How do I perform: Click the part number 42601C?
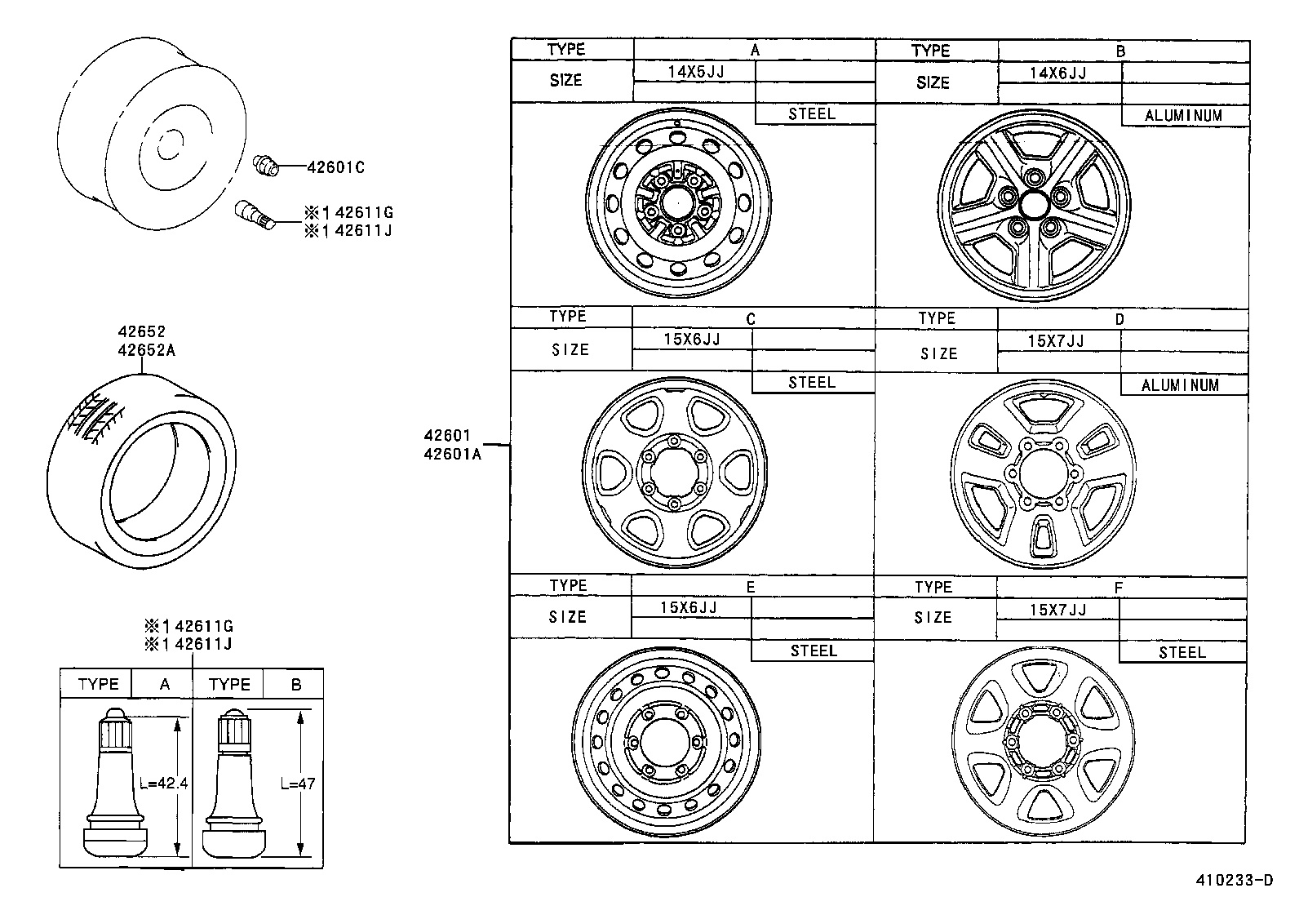(x=335, y=168)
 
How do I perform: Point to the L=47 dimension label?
(x=297, y=784)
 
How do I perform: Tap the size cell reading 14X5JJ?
(x=695, y=72)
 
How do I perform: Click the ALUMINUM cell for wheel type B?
(x=1184, y=116)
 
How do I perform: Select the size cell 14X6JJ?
(x=1058, y=73)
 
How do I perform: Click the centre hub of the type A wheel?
(x=677, y=201)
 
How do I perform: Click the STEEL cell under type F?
(x=1182, y=652)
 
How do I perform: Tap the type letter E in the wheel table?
(x=751, y=587)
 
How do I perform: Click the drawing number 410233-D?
(x=1234, y=880)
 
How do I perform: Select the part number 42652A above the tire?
(x=147, y=350)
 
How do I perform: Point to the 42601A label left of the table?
(x=452, y=455)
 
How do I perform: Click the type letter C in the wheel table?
(x=751, y=318)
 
